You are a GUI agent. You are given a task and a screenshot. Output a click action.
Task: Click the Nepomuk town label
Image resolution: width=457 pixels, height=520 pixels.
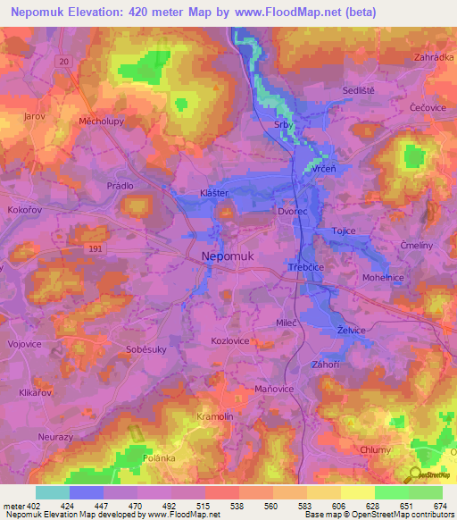click(x=228, y=256)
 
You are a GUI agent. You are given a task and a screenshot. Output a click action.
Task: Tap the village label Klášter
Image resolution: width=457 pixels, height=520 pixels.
click(x=214, y=193)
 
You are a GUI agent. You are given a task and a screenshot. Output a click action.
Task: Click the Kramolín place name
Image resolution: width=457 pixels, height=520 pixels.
click(x=214, y=417)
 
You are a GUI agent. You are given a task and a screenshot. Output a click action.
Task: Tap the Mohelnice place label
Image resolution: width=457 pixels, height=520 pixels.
click(x=384, y=278)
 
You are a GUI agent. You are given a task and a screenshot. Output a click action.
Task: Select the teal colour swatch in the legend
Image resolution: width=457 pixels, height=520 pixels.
click(x=53, y=492)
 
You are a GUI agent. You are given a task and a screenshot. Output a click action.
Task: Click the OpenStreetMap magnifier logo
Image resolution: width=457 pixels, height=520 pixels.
click(x=415, y=474)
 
